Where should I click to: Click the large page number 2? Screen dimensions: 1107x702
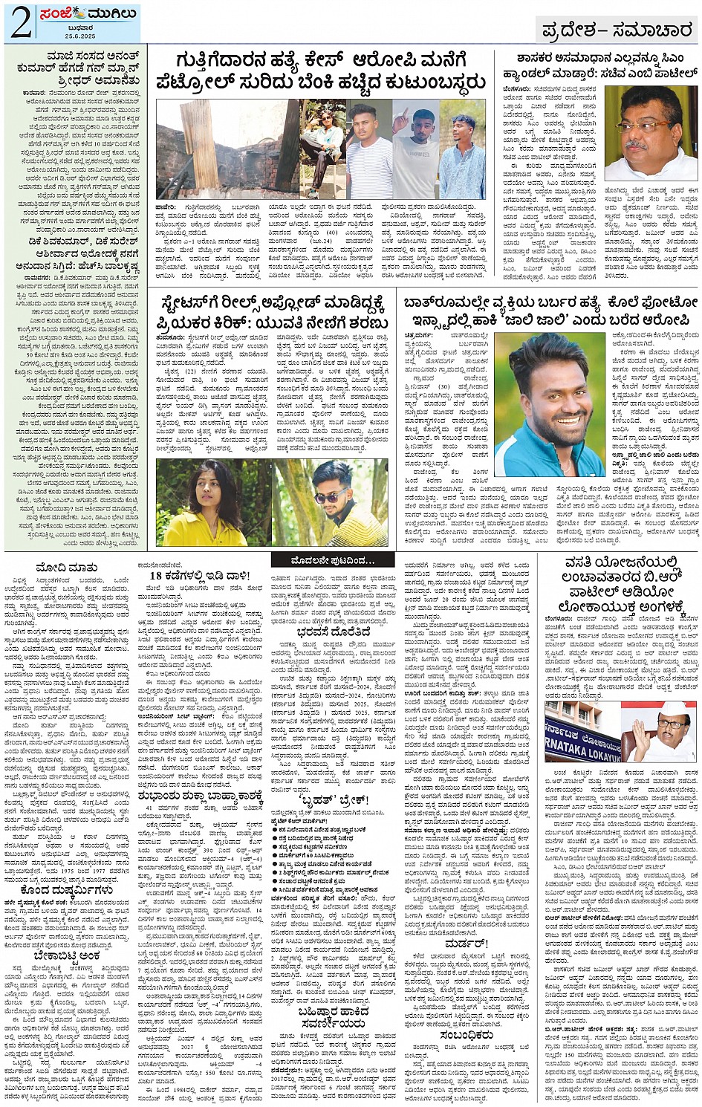point(21,23)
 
